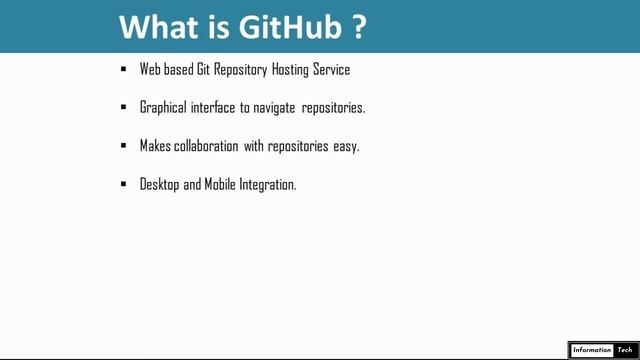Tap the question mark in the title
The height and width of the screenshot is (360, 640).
pyautogui.click(x=359, y=28)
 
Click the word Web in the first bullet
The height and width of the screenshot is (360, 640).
pyautogui.click(x=151, y=70)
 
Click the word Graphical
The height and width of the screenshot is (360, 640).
pyautogui.click(x=164, y=107)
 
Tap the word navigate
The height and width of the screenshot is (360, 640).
pyautogui.click(x=277, y=107)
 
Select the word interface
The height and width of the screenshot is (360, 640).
pyautogui.click(x=213, y=107)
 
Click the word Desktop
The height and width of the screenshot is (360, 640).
pyautogui.click(x=160, y=185)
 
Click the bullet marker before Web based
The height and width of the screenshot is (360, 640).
pyautogui.click(x=123, y=70)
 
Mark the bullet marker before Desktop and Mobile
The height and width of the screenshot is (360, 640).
pyautogui.click(x=123, y=185)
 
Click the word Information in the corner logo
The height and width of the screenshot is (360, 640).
pyautogui.click(x=591, y=350)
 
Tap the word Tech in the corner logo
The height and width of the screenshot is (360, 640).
pyautogui.click(x=627, y=350)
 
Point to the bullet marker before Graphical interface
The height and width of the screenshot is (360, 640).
pyautogui.click(x=123, y=107)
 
